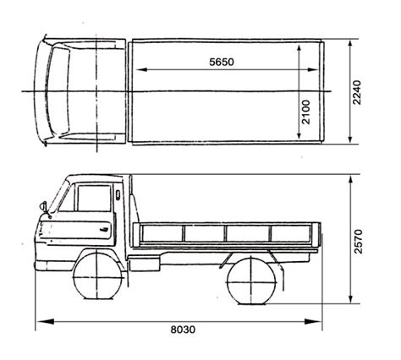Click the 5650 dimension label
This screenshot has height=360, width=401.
pos(222,62)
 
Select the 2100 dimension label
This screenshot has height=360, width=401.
pos(306,112)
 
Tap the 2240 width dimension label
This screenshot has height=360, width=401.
pos(357,93)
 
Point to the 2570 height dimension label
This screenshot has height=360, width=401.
pos(358,242)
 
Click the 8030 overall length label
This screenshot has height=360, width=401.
pos(183,330)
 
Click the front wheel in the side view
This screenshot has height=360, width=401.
pos(96,276)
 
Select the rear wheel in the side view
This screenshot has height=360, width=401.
pos(251,281)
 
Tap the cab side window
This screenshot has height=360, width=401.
pos(94,198)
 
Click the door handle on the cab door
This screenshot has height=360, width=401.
pos(105,229)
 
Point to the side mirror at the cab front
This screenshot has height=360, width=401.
pos(43,206)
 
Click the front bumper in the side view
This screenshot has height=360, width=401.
pos(53,265)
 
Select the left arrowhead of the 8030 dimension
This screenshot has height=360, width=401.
pos(45,321)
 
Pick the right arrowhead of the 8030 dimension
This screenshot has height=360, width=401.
pos(312,321)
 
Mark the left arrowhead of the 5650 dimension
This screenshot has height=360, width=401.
pos(142,69)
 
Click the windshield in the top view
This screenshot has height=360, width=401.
pos(58,91)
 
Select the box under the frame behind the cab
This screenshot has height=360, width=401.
pos(145,264)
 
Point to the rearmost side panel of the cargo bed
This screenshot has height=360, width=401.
pos(290,233)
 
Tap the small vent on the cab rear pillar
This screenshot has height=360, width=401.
pos(118,195)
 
